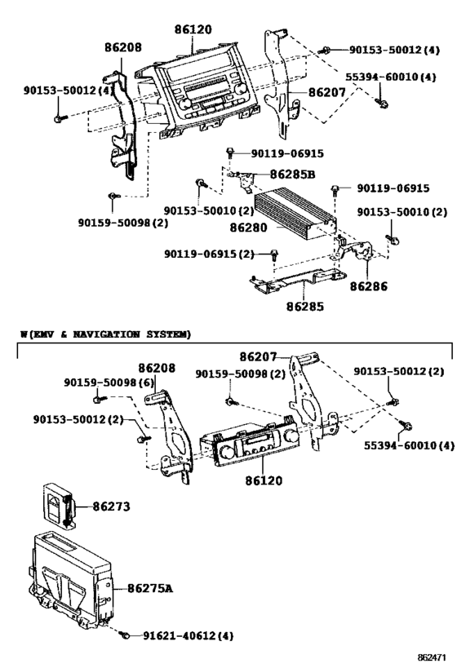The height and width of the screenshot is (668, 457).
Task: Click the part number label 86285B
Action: (293, 174)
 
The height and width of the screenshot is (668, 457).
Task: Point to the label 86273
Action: (109, 507)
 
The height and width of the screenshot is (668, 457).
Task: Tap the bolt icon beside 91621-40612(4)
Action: (123, 633)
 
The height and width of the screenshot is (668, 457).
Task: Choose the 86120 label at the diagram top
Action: (193, 30)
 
